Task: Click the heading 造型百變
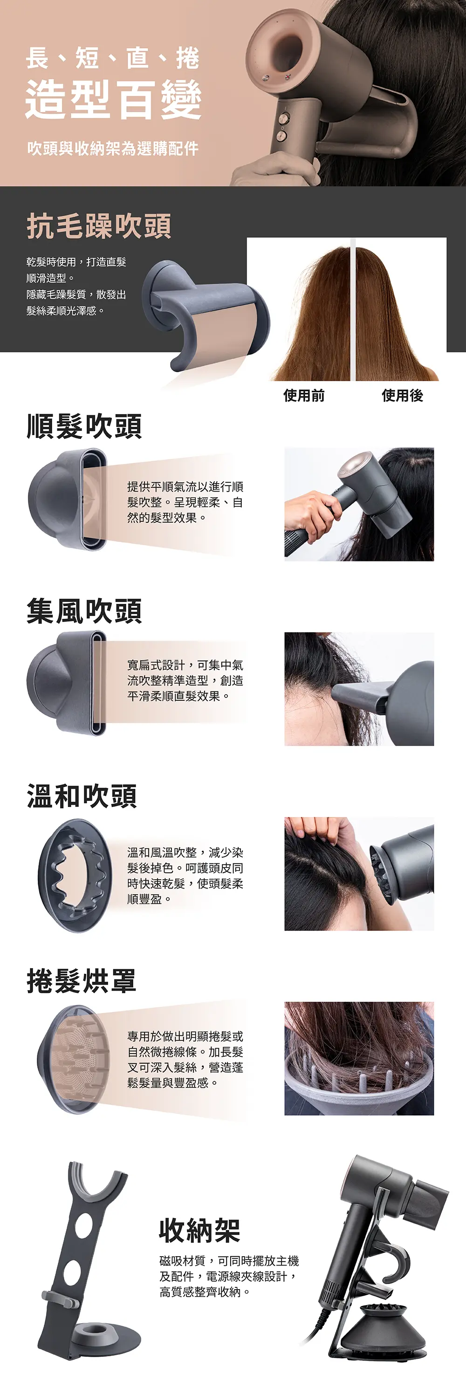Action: coord(114,99)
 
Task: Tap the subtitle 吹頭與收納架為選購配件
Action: coord(113,148)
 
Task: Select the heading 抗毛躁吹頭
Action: coord(99,226)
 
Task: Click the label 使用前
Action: coord(304,396)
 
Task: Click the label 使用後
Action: coord(403,396)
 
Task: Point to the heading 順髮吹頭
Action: coord(85,426)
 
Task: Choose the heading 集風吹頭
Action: coord(85,611)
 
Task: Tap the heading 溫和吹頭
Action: coord(82,796)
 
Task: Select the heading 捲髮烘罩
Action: coord(82,981)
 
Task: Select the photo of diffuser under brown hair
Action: coord(359,1059)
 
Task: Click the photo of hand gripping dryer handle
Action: coord(359,504)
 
